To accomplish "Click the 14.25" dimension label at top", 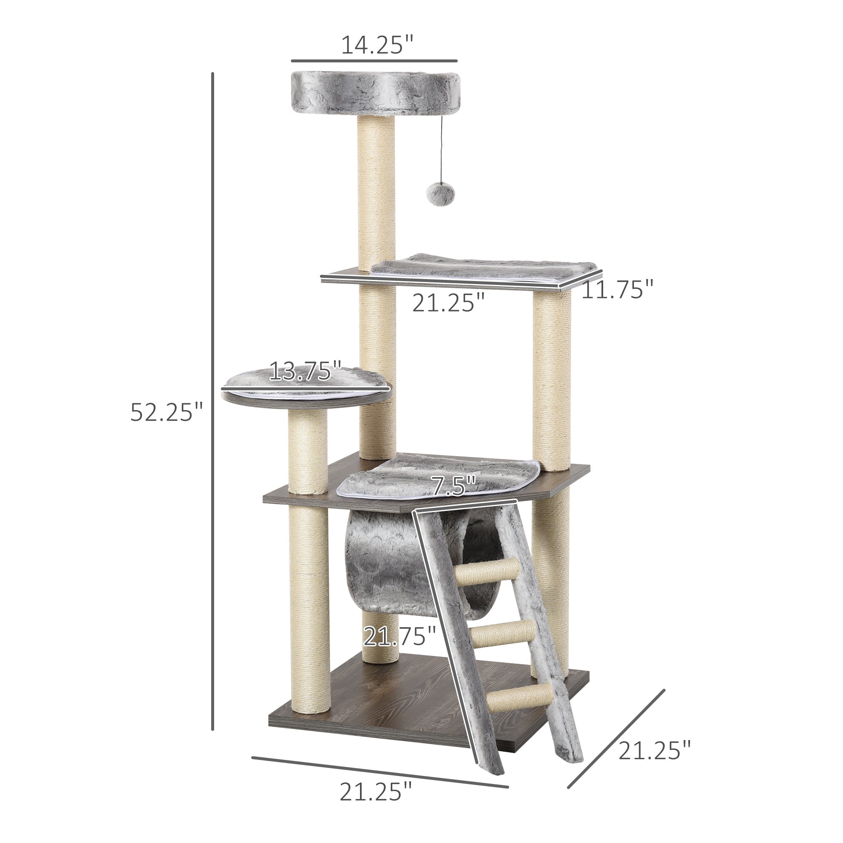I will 377,45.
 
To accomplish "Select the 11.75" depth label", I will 617,289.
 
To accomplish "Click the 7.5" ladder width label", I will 454,486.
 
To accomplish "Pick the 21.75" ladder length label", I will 400,636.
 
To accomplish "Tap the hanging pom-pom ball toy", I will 435,193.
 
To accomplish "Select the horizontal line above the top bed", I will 374,61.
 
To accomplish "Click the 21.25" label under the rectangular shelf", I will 448,303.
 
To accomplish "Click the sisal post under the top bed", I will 376,192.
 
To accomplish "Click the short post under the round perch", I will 308,449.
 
